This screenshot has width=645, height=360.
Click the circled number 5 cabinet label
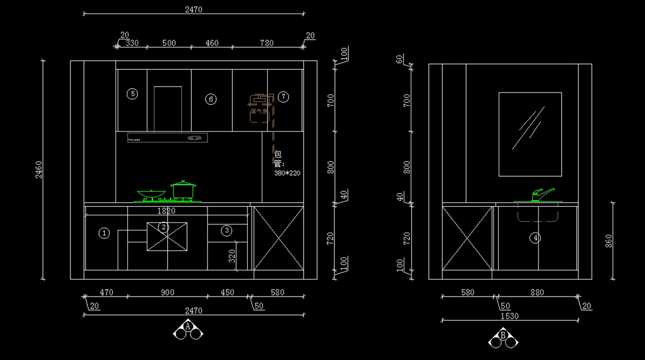pyautogui.click(x=132, y=94)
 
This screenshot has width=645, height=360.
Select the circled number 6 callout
pyautogui.click(x=211, y=99)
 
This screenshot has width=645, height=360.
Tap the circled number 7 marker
pyautogui.click(x=284, y=97)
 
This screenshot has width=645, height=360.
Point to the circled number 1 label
pyautogui.click(x=105, y=233)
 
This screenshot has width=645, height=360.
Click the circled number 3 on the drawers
pyautogui.click(x=227, y=231)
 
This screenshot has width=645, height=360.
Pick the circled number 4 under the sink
pyautogui.click(x=535, y=237)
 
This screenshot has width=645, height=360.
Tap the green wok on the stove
pyautogui.click(x=150, y=194)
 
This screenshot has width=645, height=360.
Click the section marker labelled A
pyautogui.click(x=188, y=327)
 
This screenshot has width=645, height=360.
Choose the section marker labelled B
pyautogui.click(x=504, y=336)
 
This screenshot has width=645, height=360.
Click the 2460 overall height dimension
pyautogui.click(x=38, y=170)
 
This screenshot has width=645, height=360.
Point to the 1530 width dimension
pyautogui.click(x=509, y=316)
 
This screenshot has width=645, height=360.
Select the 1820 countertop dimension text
pyautogui.click(x=167, y=211)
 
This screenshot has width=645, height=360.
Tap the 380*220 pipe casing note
pyautogui.click(x=288, y=173)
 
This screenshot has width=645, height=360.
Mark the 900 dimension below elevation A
pyautogui.click(x=167, y=292)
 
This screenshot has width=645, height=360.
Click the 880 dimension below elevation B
pyautogui.click(x=536, y=292)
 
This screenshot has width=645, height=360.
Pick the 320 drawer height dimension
pyautogui.click(x=232, y=256)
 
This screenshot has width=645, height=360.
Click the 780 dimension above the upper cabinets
pyautogui.click(x=267, y=43)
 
